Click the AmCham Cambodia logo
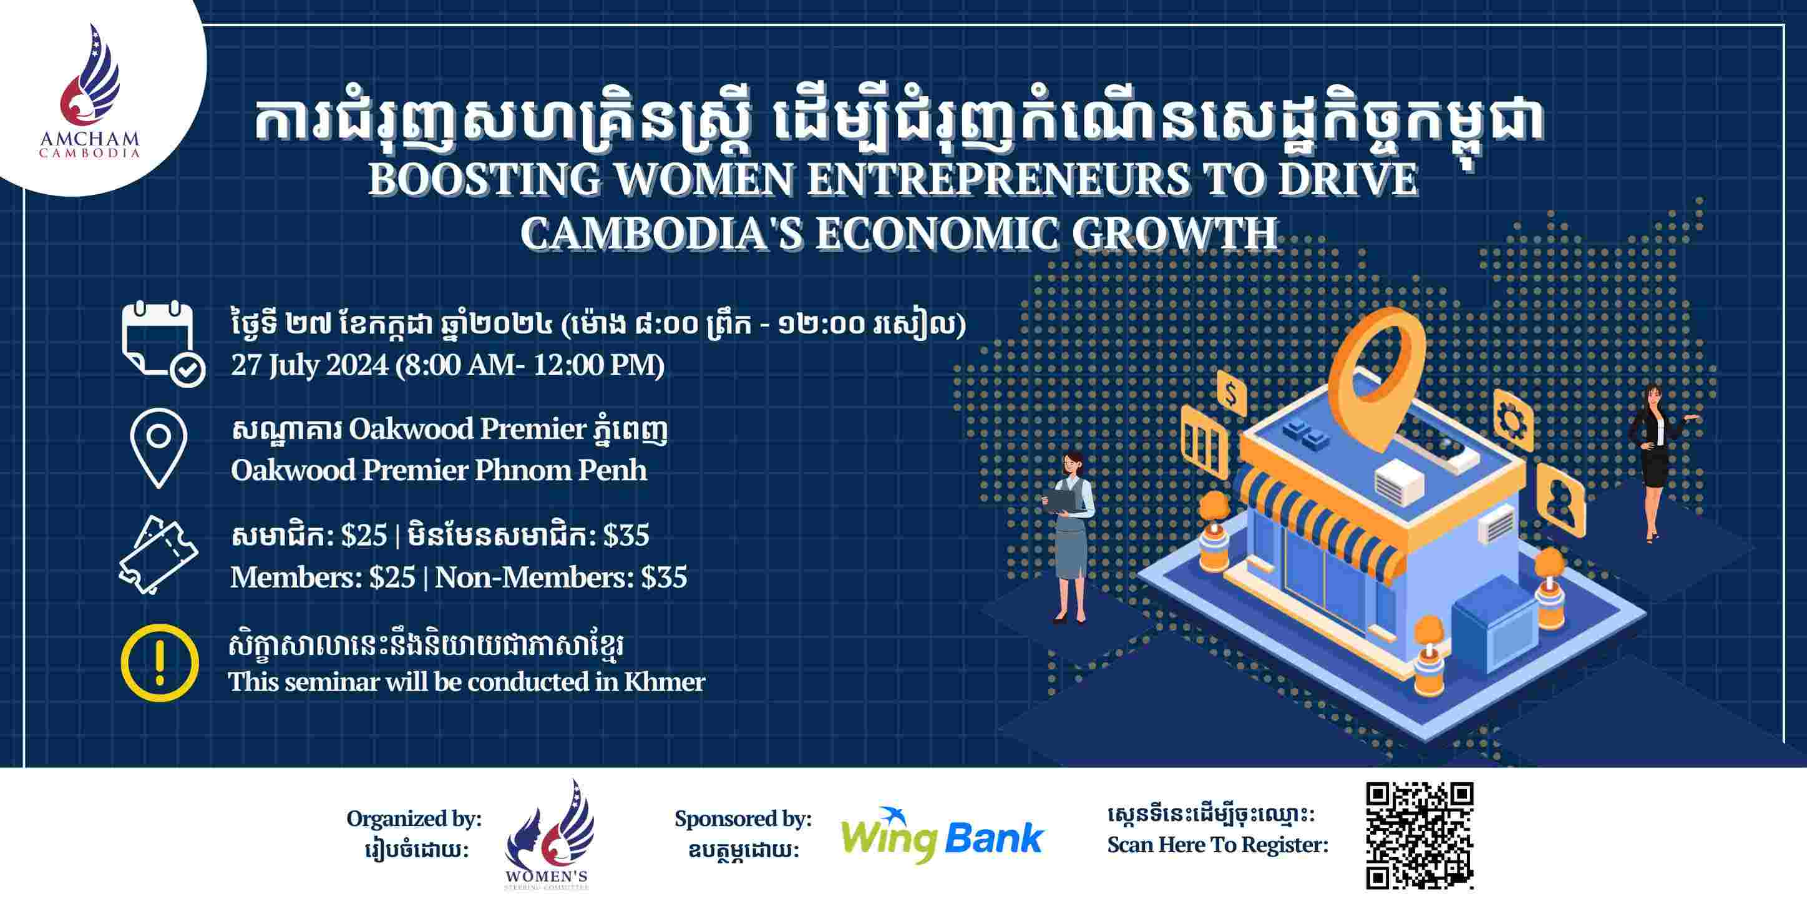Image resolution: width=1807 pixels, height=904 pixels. (89, 91)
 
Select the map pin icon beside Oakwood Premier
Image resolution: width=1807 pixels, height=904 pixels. (159, 448)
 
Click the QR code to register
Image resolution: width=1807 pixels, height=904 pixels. (1420, 835)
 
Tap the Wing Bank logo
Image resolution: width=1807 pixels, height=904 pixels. (942, 835)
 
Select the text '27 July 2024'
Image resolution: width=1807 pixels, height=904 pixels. (309, 366)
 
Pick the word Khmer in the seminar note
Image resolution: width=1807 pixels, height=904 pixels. (665, 682)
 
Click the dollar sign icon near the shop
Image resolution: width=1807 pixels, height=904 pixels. (1230, 395)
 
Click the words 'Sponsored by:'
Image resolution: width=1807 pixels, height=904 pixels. (743, 818)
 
